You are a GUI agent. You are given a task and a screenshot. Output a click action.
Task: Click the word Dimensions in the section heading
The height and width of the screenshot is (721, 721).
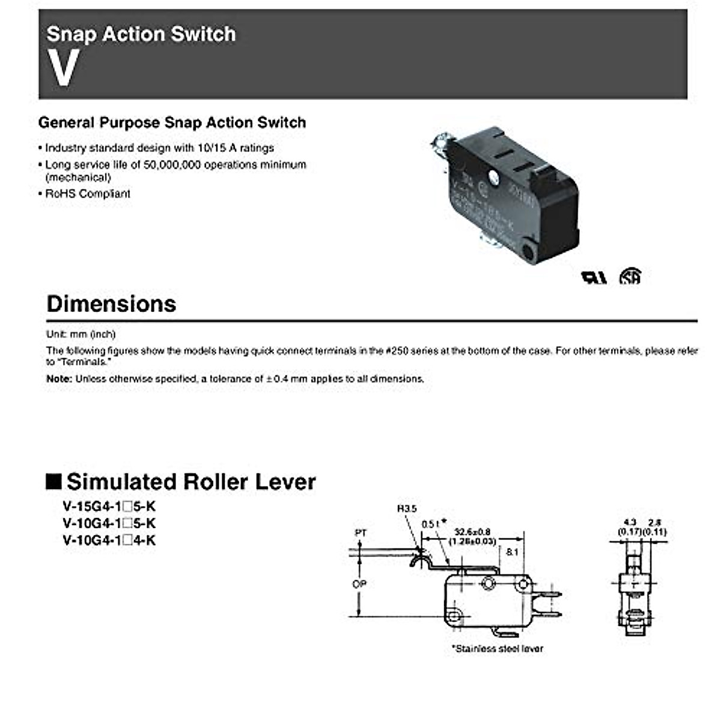coord(111,304)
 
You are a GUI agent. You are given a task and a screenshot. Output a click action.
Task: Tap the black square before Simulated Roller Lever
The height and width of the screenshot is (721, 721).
coord(54,482)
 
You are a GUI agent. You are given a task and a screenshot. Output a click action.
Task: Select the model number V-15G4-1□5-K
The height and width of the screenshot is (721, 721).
coord(109,507)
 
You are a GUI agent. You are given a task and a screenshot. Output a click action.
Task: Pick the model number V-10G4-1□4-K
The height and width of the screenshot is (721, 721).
coord(109,540)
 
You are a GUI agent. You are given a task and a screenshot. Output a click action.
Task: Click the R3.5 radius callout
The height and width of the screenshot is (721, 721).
coord(406,509)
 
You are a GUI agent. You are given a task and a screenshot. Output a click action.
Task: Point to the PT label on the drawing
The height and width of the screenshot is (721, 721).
coord(360,533)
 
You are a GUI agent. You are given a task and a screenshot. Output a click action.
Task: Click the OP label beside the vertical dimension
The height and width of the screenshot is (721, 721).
coord(359,584)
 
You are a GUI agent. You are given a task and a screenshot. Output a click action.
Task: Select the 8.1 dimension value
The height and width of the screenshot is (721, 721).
coord(512,552)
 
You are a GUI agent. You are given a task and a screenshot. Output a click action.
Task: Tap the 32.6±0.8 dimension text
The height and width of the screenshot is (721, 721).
coord(472,532)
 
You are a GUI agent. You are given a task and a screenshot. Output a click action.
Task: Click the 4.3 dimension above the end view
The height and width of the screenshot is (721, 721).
coord(630,523)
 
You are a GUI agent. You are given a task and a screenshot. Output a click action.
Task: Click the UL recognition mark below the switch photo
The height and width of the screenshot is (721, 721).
coord(594,277)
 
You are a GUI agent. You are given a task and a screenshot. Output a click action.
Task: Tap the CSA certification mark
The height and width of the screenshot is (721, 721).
coord(630,276)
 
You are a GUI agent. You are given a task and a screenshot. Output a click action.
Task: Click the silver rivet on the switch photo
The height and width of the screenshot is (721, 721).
coord(494,177)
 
